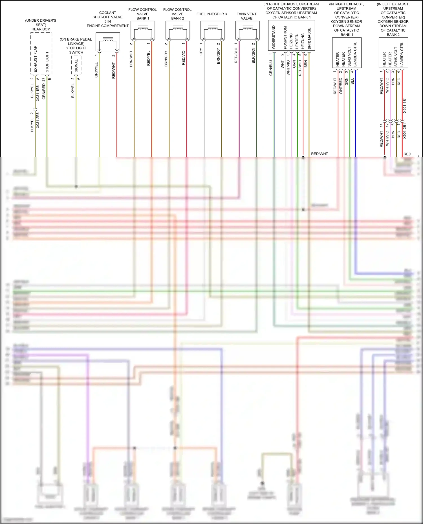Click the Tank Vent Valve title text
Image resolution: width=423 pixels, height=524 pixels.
[x=246, y=16]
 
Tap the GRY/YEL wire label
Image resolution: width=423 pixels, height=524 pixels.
[x=96, y=70]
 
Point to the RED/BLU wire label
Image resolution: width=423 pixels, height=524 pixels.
[x=236, y=55]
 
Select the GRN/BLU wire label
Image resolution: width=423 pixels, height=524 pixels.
[x=271, y=68]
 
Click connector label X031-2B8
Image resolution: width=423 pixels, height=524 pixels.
[x=38, y=121]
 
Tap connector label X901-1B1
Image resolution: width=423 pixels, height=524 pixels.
[x=404, y=105]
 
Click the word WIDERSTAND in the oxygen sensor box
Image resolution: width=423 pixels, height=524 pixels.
[x=274, y=37]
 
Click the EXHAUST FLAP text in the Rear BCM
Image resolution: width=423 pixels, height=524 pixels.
[x=35, y=59]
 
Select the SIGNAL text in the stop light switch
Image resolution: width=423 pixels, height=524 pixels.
[x=76, y=66]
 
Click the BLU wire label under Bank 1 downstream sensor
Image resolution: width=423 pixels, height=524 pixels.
[x=352, y=81]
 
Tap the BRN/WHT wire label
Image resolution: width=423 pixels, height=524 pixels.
[x=131, y=59]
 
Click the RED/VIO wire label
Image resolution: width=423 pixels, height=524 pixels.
[x=184, y=58]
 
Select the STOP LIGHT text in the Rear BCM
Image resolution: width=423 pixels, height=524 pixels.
[x=47, y=62]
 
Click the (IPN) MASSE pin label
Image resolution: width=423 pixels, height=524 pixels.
[x=309, y=38]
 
